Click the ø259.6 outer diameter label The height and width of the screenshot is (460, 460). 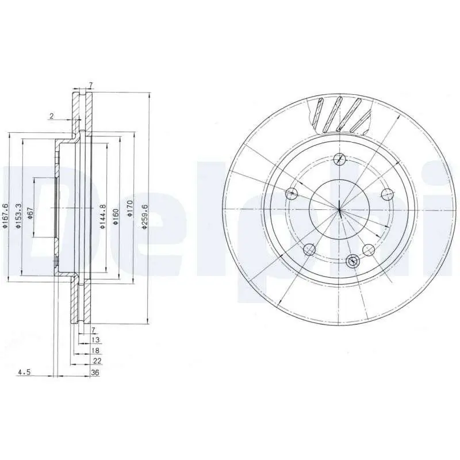point(144,217)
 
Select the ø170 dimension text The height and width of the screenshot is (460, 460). point(131,209)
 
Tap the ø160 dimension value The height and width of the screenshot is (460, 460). point(116,217)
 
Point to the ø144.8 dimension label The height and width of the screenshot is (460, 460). point(102,217)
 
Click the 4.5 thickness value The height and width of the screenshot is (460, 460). point(24,372)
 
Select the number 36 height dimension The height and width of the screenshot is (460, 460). point(95,373)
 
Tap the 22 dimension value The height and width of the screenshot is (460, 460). point(97,361)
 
